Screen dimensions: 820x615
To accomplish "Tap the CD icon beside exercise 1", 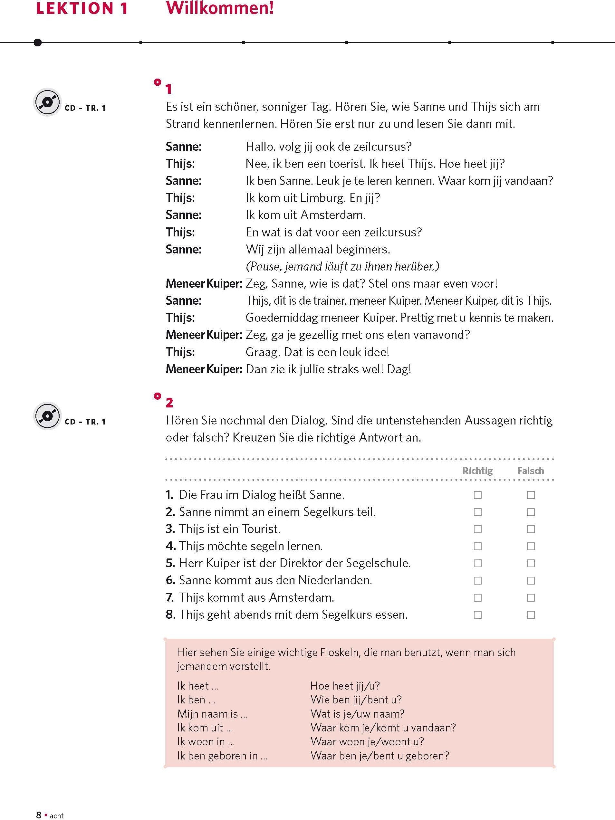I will point(47,102).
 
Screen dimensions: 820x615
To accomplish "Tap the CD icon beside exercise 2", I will point(47,416).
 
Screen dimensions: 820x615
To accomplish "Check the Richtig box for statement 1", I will point(477,495).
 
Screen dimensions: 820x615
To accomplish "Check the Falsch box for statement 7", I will point(531,597).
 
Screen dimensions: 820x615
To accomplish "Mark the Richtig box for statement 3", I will point(477,529).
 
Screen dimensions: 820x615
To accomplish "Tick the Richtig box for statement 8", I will point(477,615).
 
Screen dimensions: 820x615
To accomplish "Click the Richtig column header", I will point(477,471).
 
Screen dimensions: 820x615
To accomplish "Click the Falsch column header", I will point(531,471).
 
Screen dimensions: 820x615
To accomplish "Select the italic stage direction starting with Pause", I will point(342,266).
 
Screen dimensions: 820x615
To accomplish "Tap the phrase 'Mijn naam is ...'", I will point(212,714).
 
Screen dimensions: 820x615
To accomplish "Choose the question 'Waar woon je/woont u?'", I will point(367,741).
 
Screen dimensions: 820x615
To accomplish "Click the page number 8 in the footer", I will point(39,815).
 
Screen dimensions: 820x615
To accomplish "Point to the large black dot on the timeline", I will point(37,42).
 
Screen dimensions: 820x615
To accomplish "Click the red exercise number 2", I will point(169,403).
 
